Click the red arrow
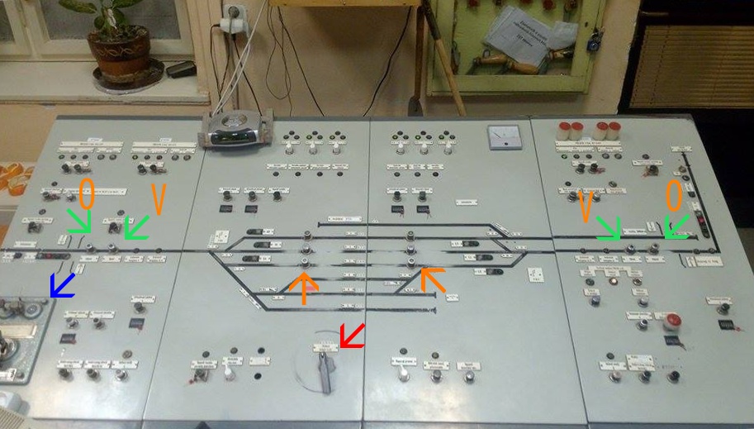(353, 335)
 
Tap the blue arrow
(62, 284)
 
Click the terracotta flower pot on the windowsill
(120, 51)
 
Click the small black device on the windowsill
(181, 69)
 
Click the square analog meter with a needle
(501, 136)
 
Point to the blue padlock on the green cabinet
(593, 41)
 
